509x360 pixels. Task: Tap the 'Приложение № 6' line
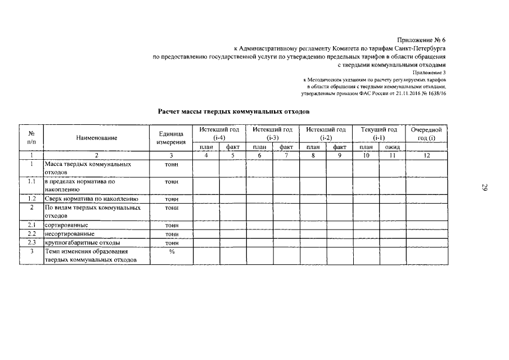point(421,40)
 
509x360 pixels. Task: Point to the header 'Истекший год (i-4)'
point(219,133)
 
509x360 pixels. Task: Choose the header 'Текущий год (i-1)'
point(379,133)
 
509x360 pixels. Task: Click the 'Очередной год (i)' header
point(427,133)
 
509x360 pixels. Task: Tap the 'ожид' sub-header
point(392,147)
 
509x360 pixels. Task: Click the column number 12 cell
point(427,155)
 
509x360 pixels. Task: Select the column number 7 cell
point(286,155)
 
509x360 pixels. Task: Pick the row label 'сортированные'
point(66,225)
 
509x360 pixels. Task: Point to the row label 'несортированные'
point(69,233)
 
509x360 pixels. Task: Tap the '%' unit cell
point(171,251)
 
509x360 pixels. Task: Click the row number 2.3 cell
point(33,242)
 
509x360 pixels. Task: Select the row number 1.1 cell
point(33,182)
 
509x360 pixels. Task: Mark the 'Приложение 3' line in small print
point(429,73)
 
